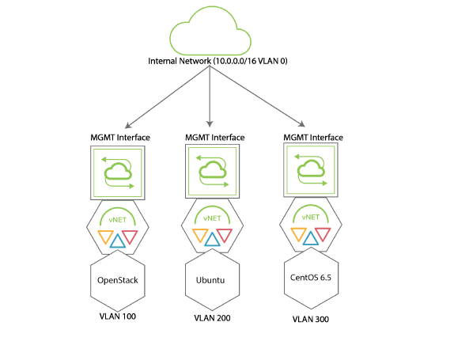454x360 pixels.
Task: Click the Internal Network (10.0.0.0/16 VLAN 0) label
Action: point(218,61)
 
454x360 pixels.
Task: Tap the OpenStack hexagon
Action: point(118,281)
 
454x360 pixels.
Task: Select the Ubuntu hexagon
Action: point(212,280)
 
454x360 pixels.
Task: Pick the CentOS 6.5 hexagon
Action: point(311,278)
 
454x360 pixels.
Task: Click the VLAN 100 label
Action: point(118,316)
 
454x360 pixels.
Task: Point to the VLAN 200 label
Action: point(212,318)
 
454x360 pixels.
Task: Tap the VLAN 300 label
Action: point(311,319)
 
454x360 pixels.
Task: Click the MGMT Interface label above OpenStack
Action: point(120,138)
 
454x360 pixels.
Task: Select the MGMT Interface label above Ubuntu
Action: point(215,138)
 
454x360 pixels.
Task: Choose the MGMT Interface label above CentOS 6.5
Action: point(313,138)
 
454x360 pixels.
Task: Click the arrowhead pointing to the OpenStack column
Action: point(127,125)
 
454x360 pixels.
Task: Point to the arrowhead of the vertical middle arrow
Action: point(210,124)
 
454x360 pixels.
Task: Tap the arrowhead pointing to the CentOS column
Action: point(302,124)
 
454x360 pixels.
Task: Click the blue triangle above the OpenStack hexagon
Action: point(118,241)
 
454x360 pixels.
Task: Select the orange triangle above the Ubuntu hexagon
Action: point(200,236)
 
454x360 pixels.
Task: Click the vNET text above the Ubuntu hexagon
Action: point(212,218)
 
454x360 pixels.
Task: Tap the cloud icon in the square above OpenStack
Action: point(118,172)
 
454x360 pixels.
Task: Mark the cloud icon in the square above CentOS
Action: point(311,169)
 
